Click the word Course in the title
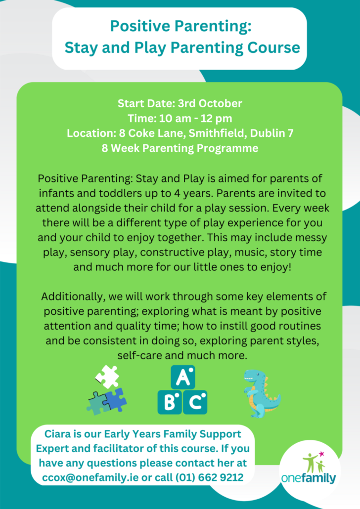(273, 47)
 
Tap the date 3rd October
(210, 103)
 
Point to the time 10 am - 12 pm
(196, 118)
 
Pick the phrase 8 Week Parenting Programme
(180, 148)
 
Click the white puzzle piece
(107, 377)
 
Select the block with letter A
(183, 377)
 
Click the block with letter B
(170, 402)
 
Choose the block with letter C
(195, 402)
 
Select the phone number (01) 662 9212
(209, 477)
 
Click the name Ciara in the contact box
(57, 434)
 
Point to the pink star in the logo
(321, 454)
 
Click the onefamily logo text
(309, 478)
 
